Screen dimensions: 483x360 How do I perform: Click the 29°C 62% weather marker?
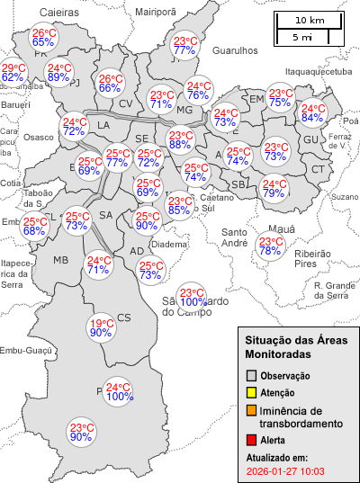(13, 73)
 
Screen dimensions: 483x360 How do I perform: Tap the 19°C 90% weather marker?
(101, 328)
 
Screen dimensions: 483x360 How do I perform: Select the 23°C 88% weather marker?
(180, 139)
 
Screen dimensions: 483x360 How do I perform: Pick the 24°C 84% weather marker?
(313, 112)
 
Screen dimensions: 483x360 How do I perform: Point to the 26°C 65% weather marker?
(43, 37)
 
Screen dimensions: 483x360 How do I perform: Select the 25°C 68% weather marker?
(35, 227)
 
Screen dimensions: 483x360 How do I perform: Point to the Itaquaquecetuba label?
(317, 70)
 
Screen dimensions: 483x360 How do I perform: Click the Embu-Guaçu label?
(23, 351)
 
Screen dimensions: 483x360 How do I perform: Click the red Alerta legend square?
(252, 440)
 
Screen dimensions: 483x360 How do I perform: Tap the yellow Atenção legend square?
(252, 392)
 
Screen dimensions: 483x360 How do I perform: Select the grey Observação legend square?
(252, 375)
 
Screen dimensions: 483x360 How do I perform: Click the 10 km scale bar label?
(310, 20)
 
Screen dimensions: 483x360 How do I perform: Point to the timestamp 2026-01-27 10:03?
(285, 470)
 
